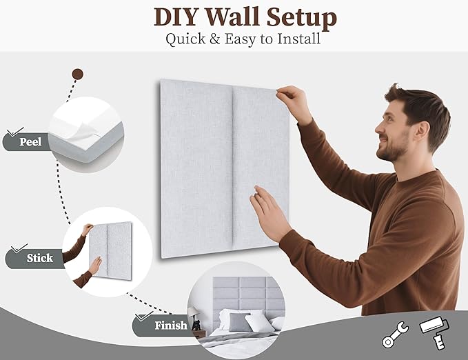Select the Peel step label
(x=30, y=143)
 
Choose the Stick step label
(x=39, y=259)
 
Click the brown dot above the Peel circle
(x=77, y=74)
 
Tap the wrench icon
(x=396, y=334)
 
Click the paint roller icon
(x=432, y=333)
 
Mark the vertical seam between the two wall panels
(x=232, y=172)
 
